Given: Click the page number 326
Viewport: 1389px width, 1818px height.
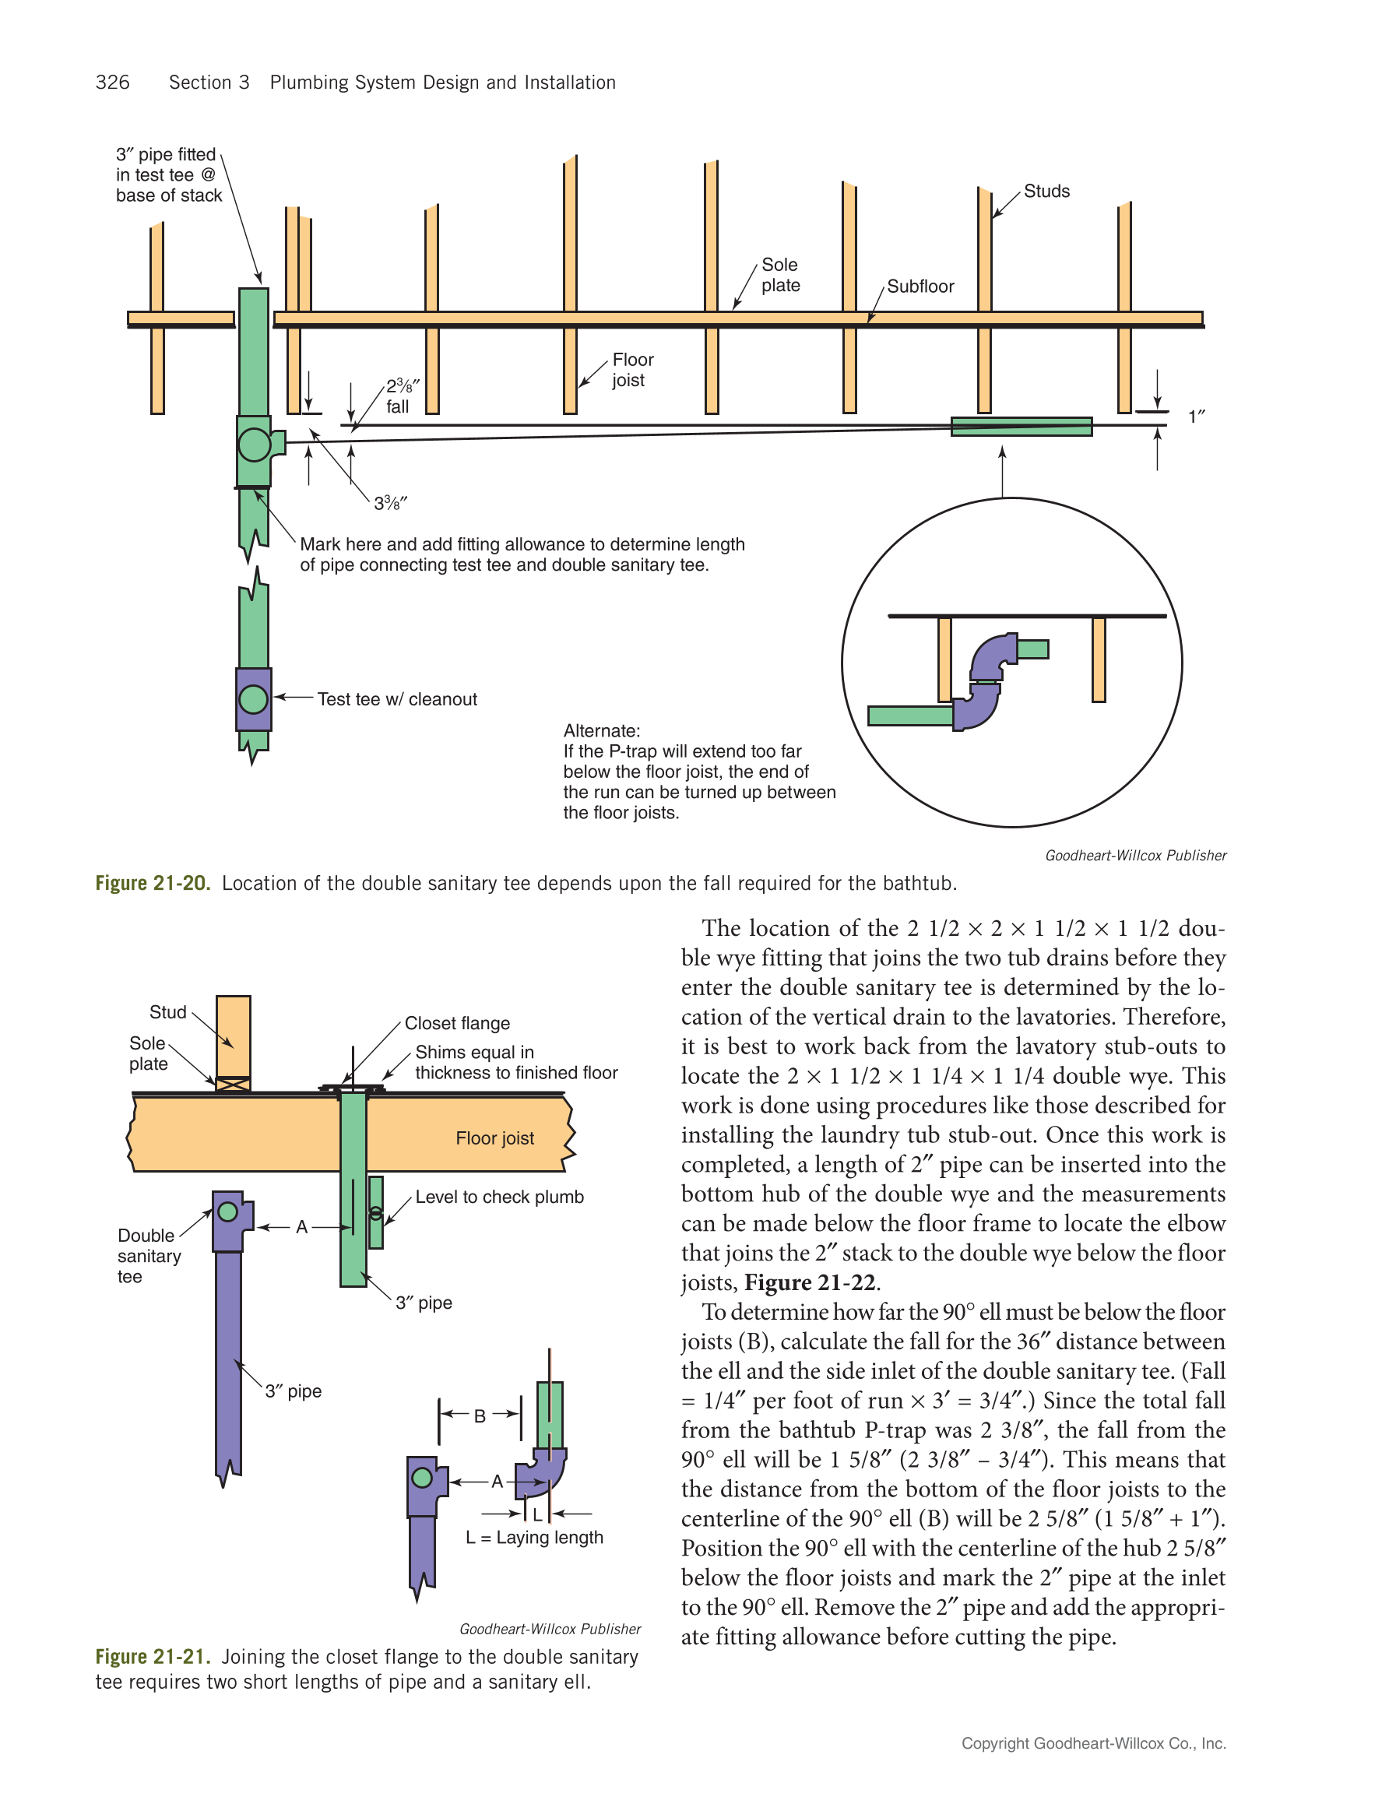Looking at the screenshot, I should [x=112, y=83].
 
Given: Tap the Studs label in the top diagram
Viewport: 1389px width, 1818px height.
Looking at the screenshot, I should [x=1046, y=191].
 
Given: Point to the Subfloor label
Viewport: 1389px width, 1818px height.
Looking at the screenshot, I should [x=920, y=286].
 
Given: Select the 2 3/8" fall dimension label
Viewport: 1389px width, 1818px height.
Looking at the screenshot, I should [x=401, y=396].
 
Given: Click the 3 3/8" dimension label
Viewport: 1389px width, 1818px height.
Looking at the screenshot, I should [x=390, y=503].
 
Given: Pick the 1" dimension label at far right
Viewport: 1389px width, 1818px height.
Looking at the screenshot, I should [x=1196, y=417].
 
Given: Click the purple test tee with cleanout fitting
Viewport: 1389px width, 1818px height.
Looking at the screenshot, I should [x=253, y=699].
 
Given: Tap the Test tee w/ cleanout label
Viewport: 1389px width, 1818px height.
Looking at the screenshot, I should [x=397, y=699].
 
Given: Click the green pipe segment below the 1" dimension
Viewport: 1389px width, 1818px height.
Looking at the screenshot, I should [x=1021, y=427].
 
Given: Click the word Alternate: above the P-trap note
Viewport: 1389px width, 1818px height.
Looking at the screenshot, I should [x=601, y=731].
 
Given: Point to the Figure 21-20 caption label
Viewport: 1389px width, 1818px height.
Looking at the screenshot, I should [x=153, y=883].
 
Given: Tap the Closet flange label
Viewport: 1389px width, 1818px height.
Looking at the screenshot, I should [x=456, y=1024].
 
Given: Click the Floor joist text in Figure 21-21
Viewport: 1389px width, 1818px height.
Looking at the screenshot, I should [x=494, y=1138].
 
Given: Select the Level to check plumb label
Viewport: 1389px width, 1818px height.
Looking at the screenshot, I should [x=498, y=1197].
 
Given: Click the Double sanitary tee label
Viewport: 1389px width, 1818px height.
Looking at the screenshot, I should [x=148, y=1256].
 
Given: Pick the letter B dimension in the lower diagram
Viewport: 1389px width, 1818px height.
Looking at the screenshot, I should [x=480, y=1416].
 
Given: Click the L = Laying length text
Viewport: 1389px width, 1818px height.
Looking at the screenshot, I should [x=534, y=1538].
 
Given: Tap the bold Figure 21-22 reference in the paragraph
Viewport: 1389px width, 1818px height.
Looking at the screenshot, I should [x=810, y=1283].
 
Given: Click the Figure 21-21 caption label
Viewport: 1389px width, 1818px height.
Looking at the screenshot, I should [x=153, y=1657].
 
